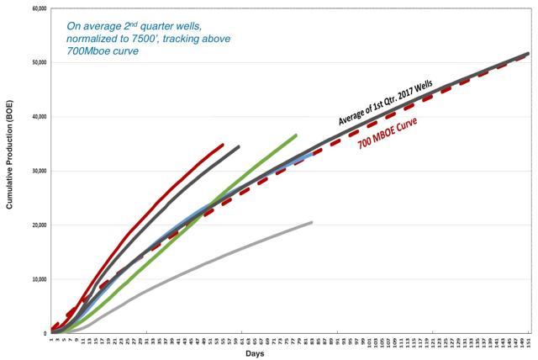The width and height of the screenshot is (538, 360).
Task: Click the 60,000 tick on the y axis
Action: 37,8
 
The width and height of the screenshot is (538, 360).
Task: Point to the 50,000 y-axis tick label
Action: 37,62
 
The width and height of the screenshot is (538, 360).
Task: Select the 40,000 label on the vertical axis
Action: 37,117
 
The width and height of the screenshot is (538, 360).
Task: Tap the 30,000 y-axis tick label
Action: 37,171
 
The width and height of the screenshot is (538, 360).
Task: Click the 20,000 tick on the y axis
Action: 37,225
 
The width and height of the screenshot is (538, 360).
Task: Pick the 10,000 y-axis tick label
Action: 37,279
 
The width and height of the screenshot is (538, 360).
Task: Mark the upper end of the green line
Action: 296,135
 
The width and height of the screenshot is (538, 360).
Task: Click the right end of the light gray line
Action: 312,222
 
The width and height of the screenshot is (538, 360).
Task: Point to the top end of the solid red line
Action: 222,145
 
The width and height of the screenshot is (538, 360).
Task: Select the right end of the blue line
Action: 312,153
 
